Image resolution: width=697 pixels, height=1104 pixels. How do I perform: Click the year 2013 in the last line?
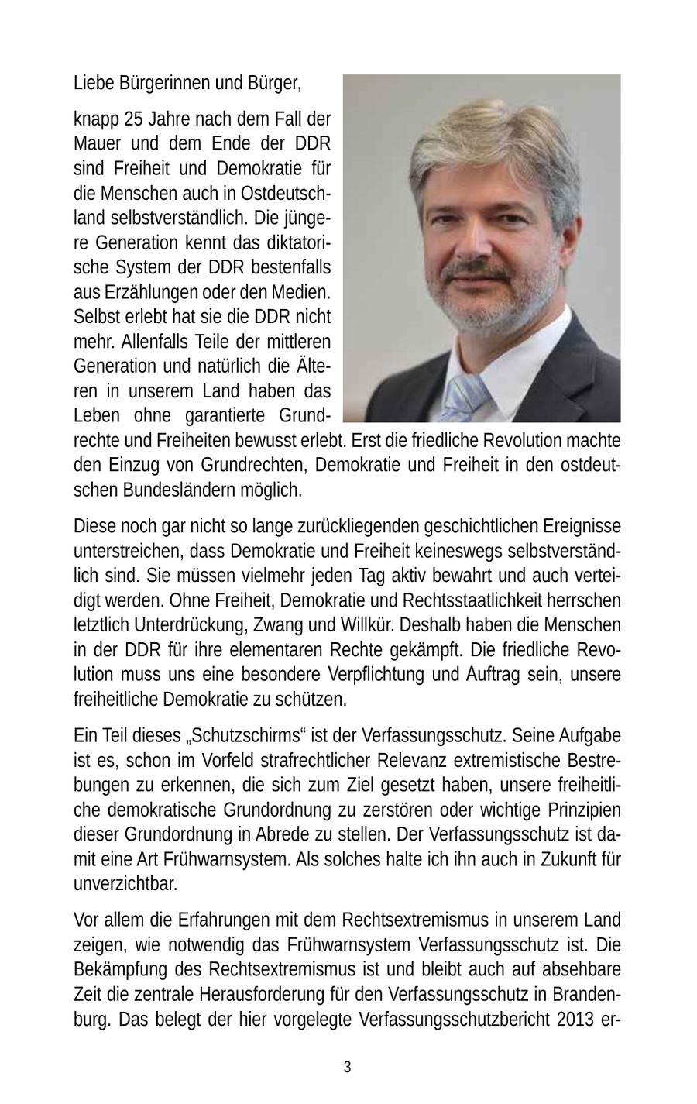click(x=574, y=1020)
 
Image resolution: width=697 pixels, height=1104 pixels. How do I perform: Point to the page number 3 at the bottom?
click(x=347, y=1068)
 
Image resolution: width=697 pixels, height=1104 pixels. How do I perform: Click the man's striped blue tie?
click(x=466, y=395)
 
